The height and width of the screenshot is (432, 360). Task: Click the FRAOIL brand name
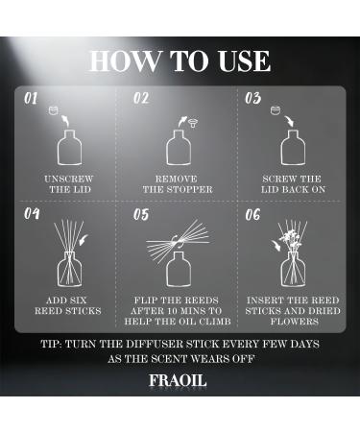point(178,380)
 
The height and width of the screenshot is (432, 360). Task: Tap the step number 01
point(31,98)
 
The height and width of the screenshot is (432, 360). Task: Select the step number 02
point(141,98)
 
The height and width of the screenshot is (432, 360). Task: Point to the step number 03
point(252,98)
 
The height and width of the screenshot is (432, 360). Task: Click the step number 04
point(32,214)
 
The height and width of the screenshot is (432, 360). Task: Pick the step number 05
point(141,214)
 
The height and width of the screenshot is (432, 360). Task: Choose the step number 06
point(252,214)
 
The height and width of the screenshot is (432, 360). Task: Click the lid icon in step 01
point(54,110)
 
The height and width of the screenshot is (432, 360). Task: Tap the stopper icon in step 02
point(193,122)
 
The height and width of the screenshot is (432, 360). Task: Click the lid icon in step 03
point(276,110)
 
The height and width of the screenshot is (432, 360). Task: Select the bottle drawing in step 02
point(179,148)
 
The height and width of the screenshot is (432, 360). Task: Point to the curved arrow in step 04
point(84,240)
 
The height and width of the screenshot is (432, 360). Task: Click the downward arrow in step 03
point(290,121)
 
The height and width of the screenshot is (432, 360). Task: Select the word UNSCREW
point(69,179)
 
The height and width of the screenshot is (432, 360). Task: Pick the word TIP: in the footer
point(51,345)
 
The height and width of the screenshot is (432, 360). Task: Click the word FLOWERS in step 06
point(295,322)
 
